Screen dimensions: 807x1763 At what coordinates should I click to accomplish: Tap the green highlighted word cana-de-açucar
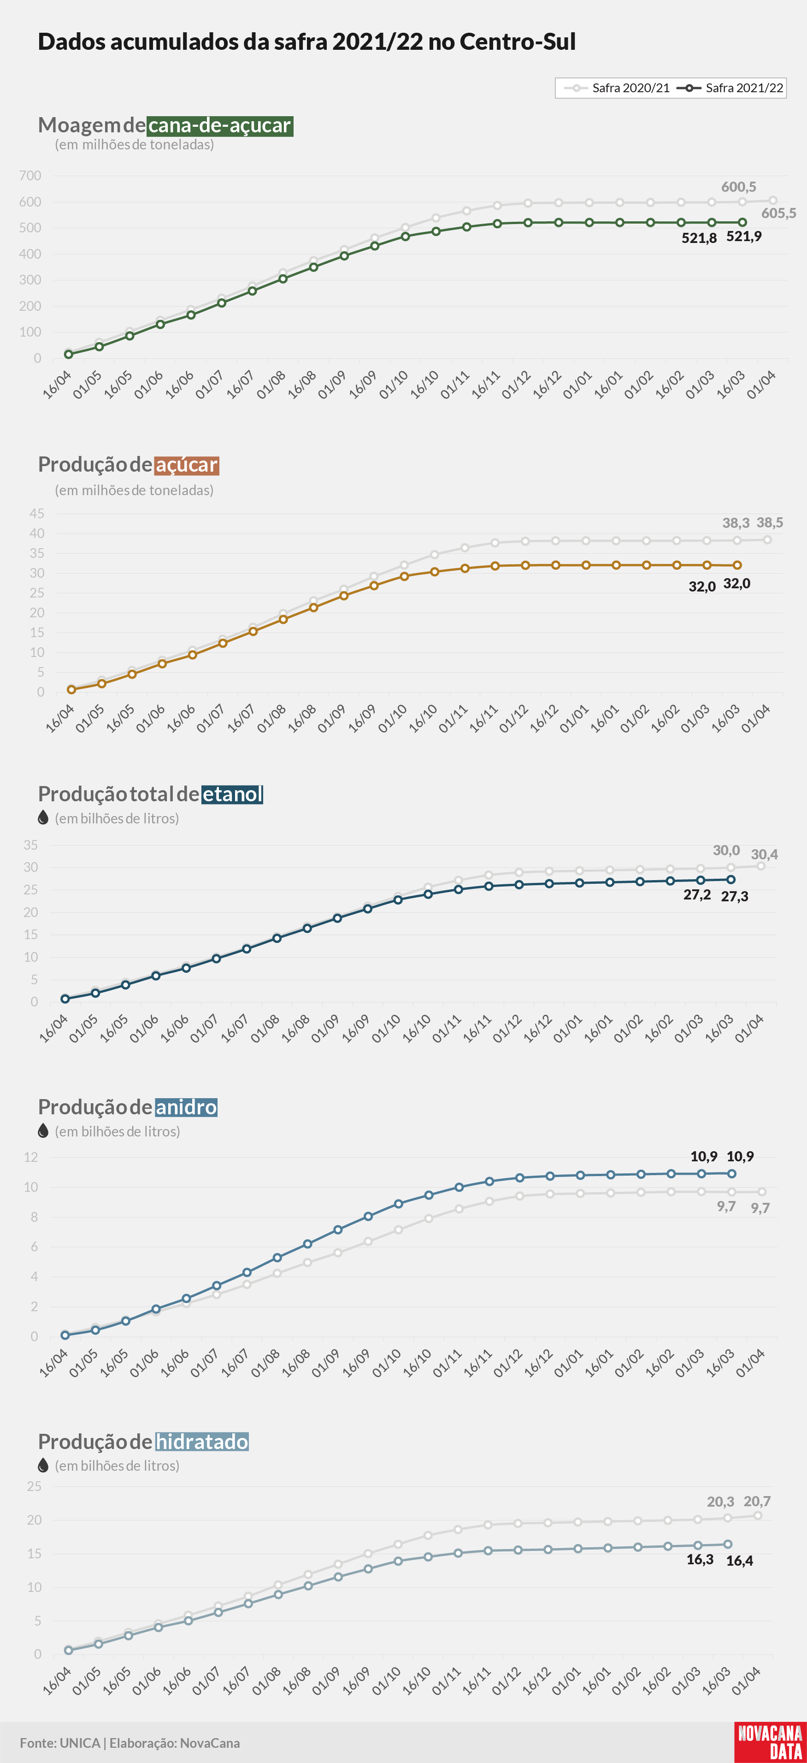[x=220, y=125]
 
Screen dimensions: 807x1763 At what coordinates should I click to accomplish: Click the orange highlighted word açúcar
[x=187, y=465]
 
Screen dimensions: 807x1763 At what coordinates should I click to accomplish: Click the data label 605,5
[x=779, y=213]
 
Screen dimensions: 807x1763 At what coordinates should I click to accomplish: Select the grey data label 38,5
[x=769, y=522]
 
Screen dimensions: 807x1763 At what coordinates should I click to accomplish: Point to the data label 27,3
[x=735, y=897]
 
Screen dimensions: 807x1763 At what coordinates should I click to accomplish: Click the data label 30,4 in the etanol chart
[x=764, y=854]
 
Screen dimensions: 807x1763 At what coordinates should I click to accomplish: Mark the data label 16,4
[x=739, y=1561]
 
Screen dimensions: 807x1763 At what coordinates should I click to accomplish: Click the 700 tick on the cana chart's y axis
[x=30, y=176]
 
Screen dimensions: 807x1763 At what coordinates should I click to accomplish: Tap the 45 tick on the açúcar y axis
[x=37, y=513]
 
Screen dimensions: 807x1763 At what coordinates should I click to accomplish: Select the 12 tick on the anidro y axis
[x=31, y=1157]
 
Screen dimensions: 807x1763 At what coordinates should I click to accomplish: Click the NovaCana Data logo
[x=770, y=1742]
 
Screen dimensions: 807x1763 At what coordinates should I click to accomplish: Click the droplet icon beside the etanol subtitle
[x=43, y=818]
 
